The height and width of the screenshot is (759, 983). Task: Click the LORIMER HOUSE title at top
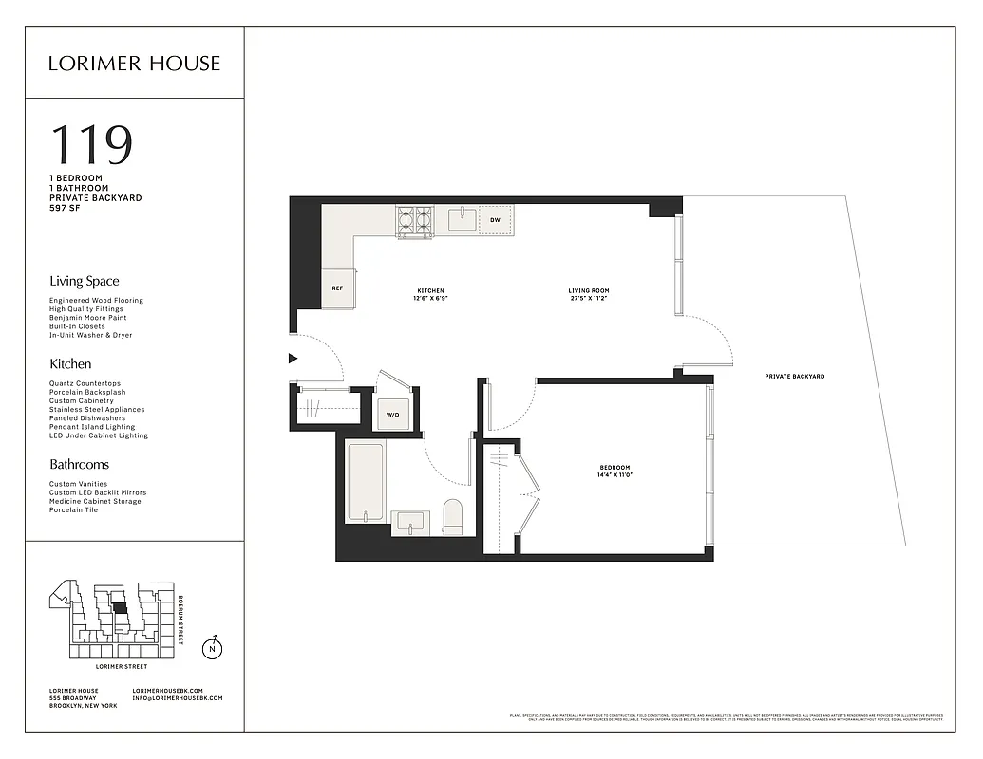[x=134, y=64]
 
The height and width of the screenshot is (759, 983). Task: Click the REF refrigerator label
[x=336, y=287]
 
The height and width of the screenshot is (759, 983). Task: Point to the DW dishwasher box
[x=495, y=220]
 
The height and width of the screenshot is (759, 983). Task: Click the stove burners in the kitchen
[x=415, y=220]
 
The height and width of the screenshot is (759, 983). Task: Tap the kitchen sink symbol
[x=461, y=220]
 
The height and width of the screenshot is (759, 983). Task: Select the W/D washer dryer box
[x=392, y=414]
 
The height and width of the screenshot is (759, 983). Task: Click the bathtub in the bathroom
[x=365, y=481]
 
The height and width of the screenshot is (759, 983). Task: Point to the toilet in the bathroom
[x=452, y=517]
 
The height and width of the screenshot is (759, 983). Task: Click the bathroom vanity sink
[x=411, y=520]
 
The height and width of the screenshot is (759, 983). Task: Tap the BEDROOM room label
[x=614, y=467]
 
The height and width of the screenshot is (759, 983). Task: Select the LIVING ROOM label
[x=588, y=290]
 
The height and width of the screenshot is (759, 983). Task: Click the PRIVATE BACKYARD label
[x=794, y=377]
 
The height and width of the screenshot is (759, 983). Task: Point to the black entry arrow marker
[x=293, y=358]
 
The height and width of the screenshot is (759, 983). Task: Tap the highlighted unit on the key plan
[x=119, y=608]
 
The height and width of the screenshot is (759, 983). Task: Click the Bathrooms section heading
[x=79, y=464]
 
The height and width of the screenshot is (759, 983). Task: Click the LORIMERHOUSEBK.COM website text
[x=178, y=690]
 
